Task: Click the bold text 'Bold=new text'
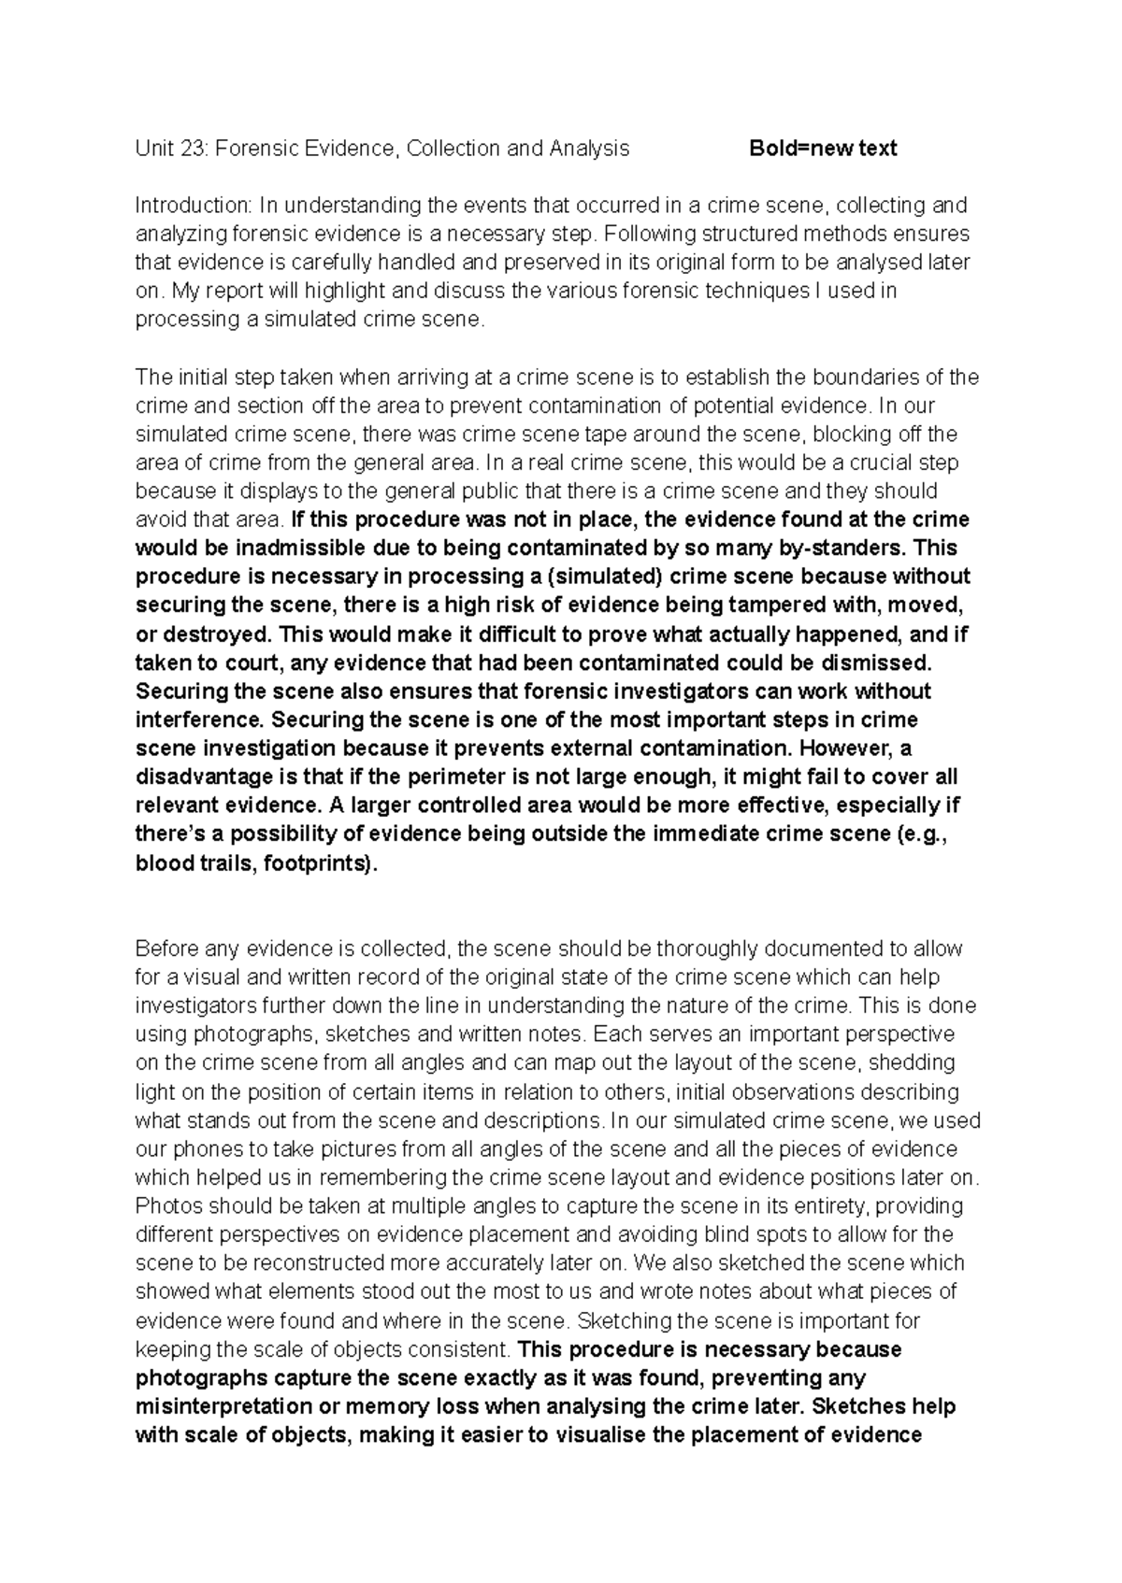coord(823,148)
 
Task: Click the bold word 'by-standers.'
coord(848,548)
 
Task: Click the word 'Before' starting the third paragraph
coord(166,948)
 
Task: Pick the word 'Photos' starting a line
coord(164,1205)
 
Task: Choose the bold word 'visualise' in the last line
coord(600,1434)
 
